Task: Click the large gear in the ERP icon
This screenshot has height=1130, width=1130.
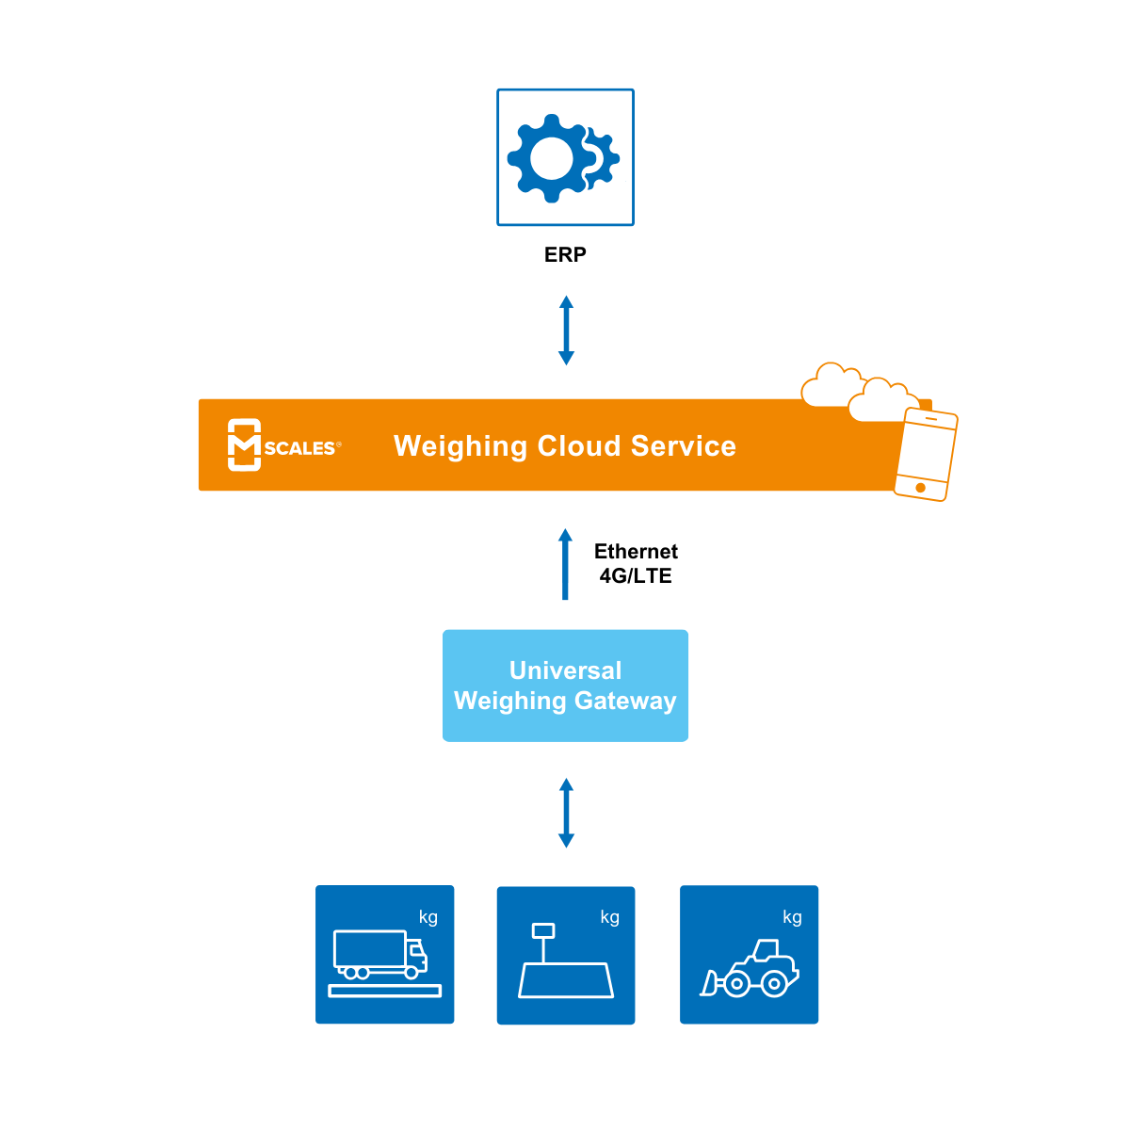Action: point(551,158)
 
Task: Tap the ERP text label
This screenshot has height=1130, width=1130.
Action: point(565,254)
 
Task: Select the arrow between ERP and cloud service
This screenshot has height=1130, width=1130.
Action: point(566,331)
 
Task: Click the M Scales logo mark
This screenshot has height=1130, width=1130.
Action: point(244,444)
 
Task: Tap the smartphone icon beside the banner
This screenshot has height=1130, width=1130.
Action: point(926,454)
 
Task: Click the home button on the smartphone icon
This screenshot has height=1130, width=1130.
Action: point(920,488)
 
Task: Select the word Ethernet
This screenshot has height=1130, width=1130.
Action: point(636,551)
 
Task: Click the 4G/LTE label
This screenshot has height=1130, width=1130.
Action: point(636,576)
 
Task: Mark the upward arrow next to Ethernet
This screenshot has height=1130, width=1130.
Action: point(565,564)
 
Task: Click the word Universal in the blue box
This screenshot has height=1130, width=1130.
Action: point(565,670)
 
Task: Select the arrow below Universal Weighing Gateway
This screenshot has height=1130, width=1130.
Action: point(566,813)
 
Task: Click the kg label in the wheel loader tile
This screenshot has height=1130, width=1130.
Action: point(792,917)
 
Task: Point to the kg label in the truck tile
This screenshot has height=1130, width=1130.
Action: point(428,917)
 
